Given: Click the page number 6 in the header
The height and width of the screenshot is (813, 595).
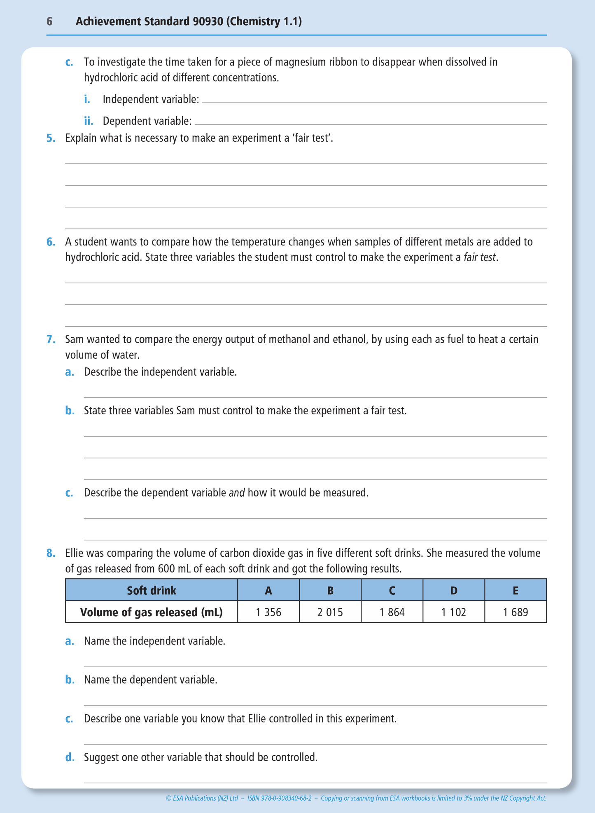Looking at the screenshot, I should point(49,21).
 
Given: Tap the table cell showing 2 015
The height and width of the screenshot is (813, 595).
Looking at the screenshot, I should point(330,612).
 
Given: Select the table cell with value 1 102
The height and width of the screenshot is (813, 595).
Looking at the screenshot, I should point(453,612).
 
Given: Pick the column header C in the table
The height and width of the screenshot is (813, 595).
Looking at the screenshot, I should point(392,590).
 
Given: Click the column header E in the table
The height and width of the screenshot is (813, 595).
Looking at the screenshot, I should point(515,590).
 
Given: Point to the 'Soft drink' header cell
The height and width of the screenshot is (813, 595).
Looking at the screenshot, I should point(151,590).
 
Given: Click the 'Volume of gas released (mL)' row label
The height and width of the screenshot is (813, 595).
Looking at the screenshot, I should point(151,612).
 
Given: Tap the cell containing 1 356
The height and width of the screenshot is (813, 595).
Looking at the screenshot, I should point(268,612).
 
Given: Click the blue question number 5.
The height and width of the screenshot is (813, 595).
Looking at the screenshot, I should point(51,138).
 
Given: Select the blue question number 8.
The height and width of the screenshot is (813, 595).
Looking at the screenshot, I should point(51,553).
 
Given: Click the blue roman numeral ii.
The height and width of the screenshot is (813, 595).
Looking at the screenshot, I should point(88,121).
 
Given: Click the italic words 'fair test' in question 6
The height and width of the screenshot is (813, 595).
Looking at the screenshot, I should point(480,257).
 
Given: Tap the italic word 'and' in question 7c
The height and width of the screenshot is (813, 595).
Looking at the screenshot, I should point(237,493).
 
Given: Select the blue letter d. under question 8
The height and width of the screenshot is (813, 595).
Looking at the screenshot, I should point(70,757).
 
